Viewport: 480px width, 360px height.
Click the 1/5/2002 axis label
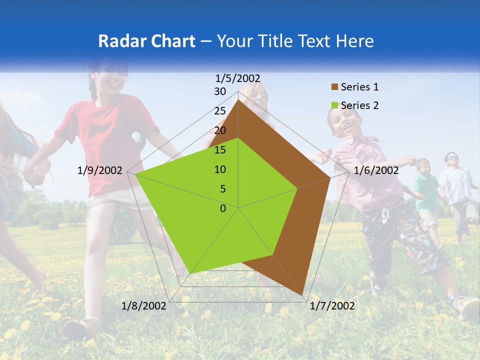click(238, 78)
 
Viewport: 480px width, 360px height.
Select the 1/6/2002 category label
click(376, 170)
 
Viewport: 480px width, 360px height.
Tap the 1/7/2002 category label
click(332, 306)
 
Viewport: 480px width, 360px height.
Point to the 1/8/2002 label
click(144, 306)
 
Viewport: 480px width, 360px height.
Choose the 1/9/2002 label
click(100, 170)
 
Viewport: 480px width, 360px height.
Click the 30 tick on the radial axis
click(220, 91)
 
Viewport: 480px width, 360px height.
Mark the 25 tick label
click(220, 111)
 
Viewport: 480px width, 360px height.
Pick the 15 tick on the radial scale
click(220, 150)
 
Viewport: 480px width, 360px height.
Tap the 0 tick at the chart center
click(223, 208)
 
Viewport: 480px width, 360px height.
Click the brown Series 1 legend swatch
click(334, 87)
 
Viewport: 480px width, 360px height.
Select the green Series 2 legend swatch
click(334, 105)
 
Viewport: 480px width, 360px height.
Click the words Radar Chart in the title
click(146, 41)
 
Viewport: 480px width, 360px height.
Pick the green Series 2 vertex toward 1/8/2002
click(190, 273)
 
